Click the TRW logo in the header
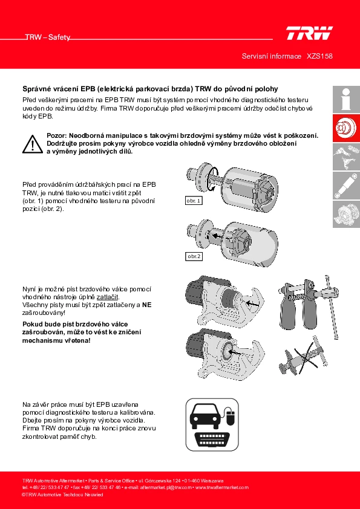click(309, 33)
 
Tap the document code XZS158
click(319, 56)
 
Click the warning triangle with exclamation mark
click(33, 144)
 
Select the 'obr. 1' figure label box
click(194, 201)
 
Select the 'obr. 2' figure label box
click(194, 256)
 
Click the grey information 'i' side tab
click(346, 99)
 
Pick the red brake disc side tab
click(346, 128)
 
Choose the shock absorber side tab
click(346, 186)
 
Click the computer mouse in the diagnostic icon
click(231, 417)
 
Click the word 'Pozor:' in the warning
click(57, 135)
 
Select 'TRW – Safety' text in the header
click(48, 37)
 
